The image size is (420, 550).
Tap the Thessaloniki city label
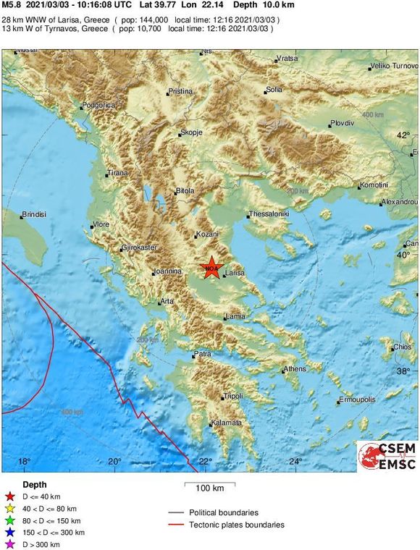[269, 214]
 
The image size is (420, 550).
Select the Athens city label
[295, 369]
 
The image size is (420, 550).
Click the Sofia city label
[274, 90]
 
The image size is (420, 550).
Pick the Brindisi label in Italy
[34, 215]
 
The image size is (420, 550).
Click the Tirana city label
[117, 174]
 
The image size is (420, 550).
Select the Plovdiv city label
[342, 124]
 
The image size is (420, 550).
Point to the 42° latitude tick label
[403, 135]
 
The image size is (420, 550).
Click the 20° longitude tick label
[114, 462]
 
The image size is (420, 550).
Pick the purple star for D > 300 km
[9, 544]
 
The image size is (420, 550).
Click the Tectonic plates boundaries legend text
[237, 525]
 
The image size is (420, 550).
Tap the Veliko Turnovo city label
[391, 66]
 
